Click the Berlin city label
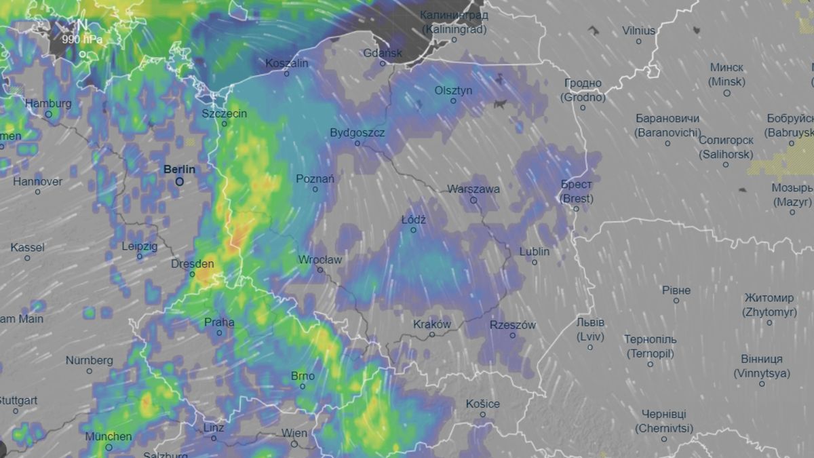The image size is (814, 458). (179, 170)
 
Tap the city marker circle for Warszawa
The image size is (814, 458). (473, 200)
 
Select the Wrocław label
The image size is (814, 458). (320, 259)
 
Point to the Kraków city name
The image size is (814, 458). (432, 324)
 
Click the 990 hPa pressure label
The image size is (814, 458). (81, 39)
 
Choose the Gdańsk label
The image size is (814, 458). (383, 52)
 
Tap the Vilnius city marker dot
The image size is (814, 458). (638, 41)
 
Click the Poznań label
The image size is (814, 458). (315, 178)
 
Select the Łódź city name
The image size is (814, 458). (413, 220)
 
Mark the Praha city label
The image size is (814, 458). (219, 322)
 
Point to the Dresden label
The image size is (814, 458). (193, 263)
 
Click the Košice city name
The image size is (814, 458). (483, 404)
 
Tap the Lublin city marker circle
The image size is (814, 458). (535, 262)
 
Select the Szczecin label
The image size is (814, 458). (225, 113)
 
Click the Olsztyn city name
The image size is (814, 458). (454, 90)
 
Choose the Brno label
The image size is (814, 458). (303, 375)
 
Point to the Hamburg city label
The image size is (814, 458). (48, 103)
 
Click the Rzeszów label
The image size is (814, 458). (512, 325)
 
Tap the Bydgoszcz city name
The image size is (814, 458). (357, 132)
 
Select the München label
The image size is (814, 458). (109, 436)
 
